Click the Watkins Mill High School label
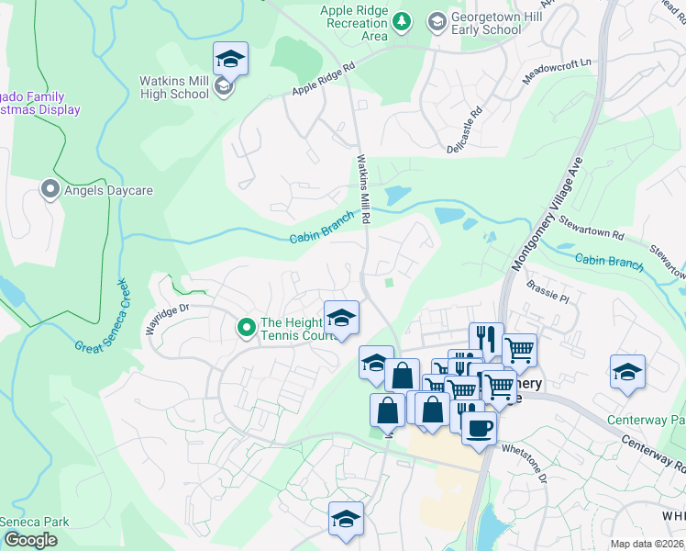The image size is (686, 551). pyautogui.click(x=174, y=87)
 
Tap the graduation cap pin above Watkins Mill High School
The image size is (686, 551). pyautogui.click(x=230, y=60)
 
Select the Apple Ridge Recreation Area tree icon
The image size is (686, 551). pyautogui.click(x=401, y=20)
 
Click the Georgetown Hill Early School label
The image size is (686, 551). pyautogui.click(x=489, y=22)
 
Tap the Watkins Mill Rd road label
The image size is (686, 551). pyautogui.click(x=364, y=189)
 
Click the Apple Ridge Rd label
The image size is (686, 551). pyautogui.click(x=322, y=80)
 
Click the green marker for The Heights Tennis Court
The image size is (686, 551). pyautogui.click(x=246, y=326)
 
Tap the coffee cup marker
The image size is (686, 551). pyautogui.click(x=478, y=426)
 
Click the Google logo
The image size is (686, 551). pyautogui.click(x=29, y=540)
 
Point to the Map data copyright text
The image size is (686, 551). pyautogui.click(x=647, y=544)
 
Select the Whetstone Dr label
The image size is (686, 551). pyautogui.click(x=524, y=462)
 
